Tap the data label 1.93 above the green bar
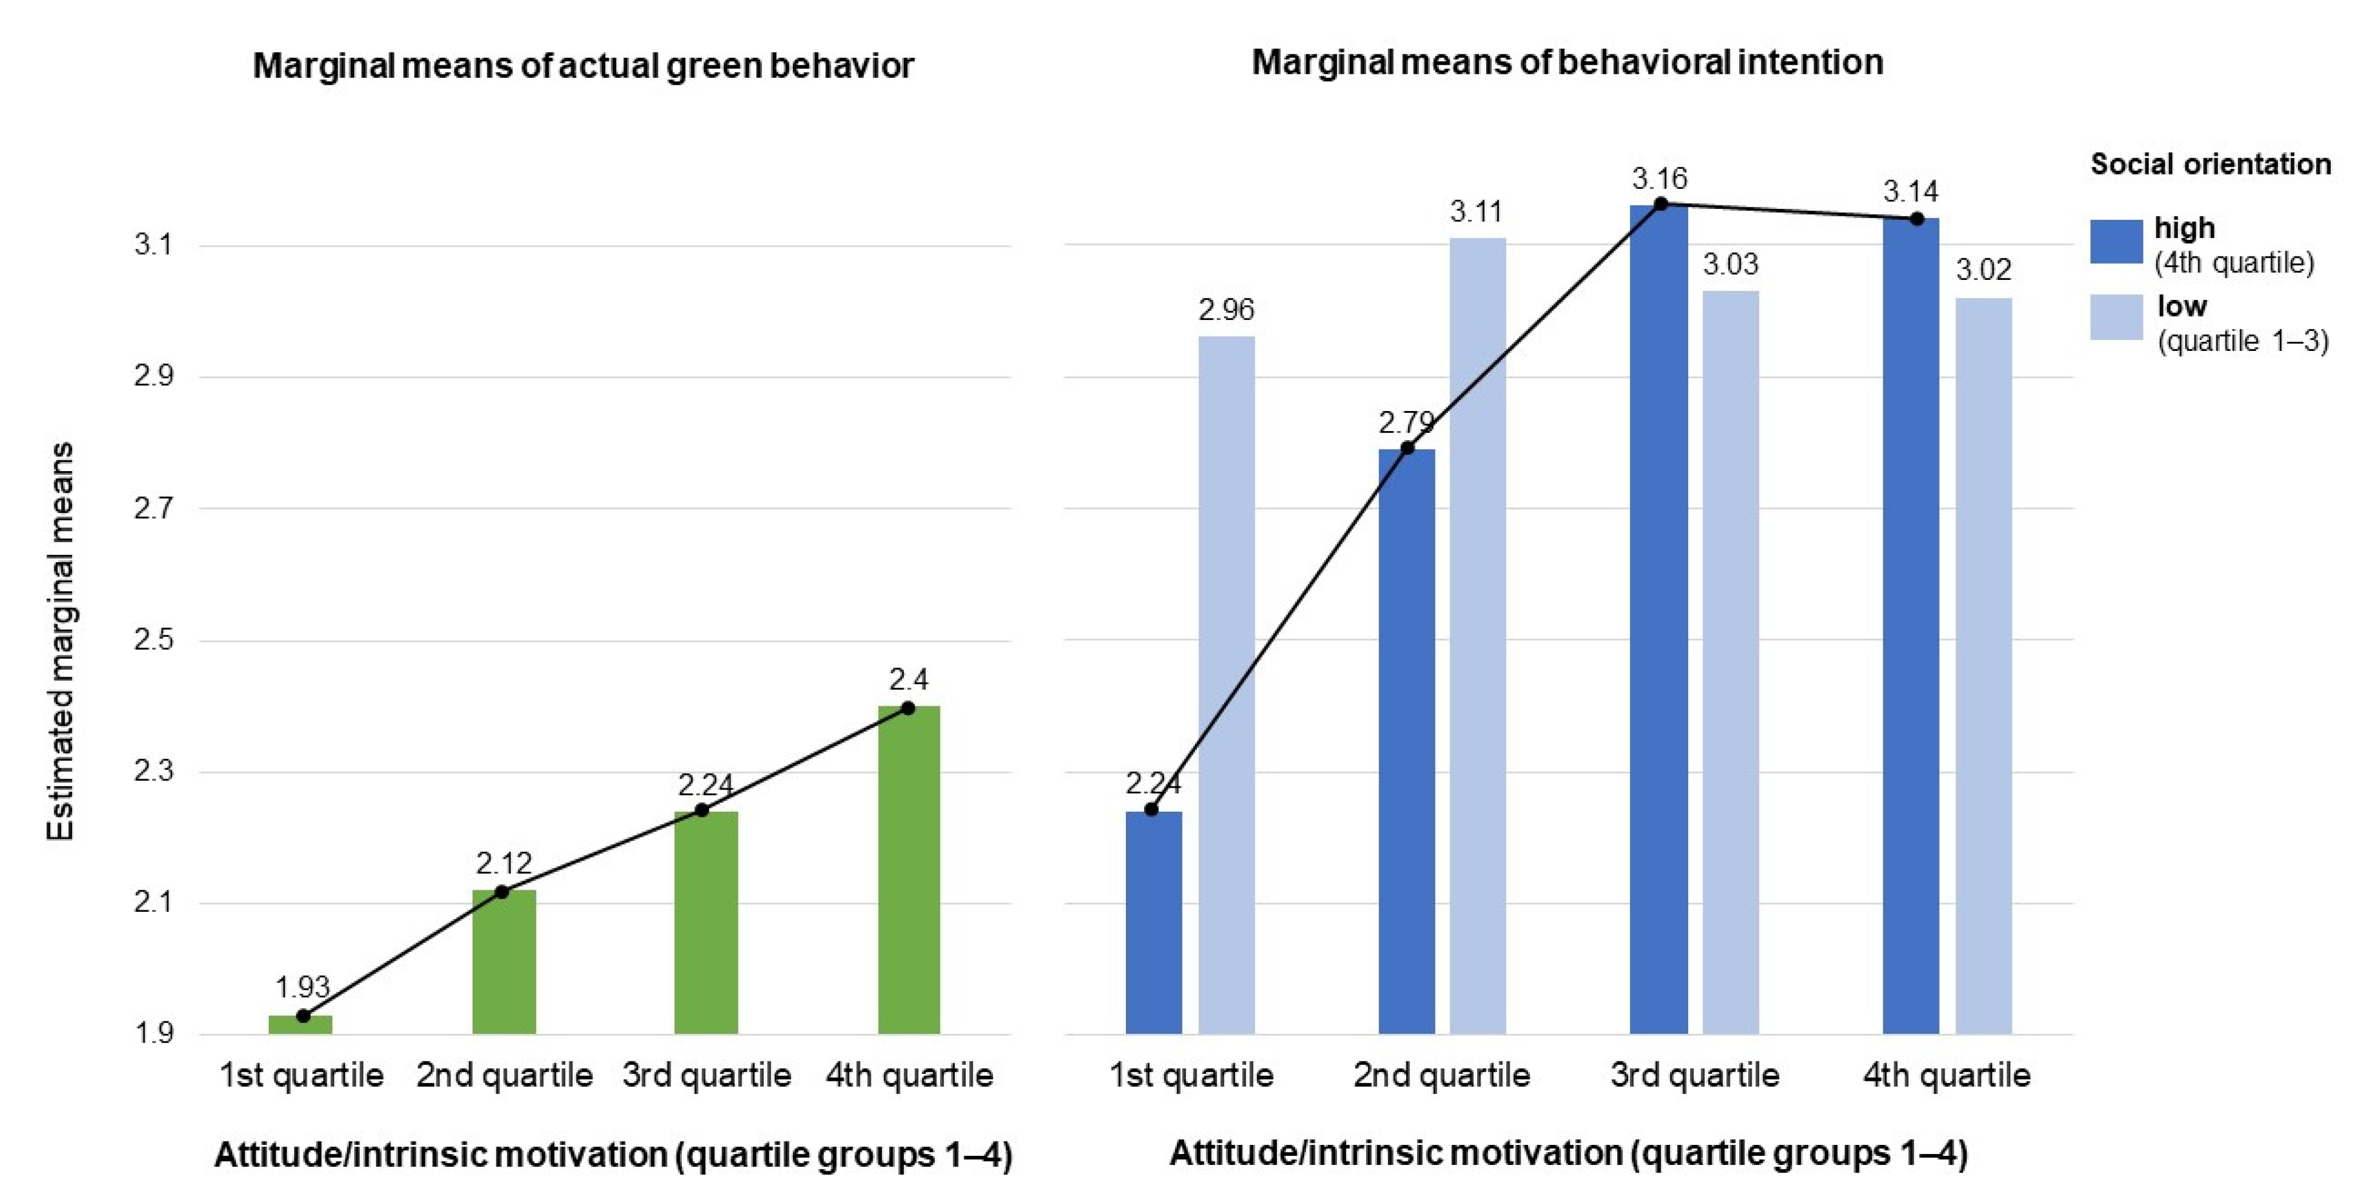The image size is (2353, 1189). click(x=301, y=987)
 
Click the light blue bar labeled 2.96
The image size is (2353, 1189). click(x=1226, y=685)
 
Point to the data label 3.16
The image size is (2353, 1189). click(x=1660, y=178)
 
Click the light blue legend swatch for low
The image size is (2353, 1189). click(x=2116, y=317)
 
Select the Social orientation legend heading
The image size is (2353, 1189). click(x=2211, y=164)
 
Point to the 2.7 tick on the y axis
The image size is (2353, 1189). click(x=153, y=508)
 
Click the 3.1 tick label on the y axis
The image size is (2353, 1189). click(x=153, y=245)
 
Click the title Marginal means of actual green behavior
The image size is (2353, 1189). click(x=583, y=66)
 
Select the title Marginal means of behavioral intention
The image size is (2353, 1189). click(x=1566, y=62)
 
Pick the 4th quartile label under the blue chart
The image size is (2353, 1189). click(x=1946, y=1075)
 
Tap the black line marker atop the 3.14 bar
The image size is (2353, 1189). click(x=1916, y=219)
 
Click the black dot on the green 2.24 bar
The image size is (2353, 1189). click(x=701, y=811)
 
